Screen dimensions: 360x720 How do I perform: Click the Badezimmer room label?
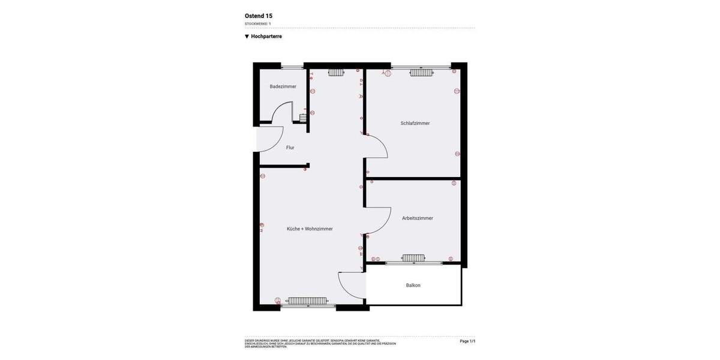coord(283,86)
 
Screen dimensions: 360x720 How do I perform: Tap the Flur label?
coord(290,148)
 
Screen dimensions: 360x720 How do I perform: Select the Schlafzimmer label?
coord(415,123)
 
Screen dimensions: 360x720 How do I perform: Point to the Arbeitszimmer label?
coord(417,218)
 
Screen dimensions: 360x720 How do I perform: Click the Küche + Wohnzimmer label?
coord(310,229)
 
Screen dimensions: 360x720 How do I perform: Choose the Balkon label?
coord(413,286)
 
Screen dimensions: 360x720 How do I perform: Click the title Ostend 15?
coord(259,16)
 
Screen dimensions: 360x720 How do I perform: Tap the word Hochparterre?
coord(266,37)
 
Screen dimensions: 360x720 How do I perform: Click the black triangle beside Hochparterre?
coord(247,37)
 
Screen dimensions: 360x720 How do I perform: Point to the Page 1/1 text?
coord(467,341)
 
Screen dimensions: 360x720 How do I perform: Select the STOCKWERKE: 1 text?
coord(257,24)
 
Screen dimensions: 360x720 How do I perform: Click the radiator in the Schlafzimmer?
coord(421,73)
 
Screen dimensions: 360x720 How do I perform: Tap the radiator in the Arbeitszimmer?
coord(413,258)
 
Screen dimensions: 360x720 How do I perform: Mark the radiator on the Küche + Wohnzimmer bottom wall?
coord(307,301)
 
